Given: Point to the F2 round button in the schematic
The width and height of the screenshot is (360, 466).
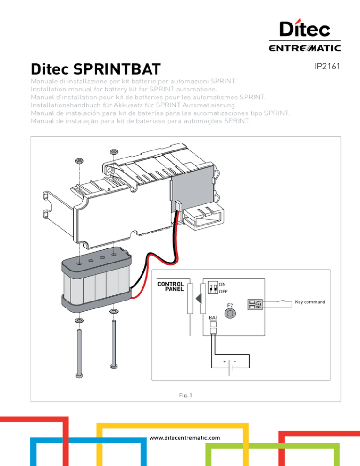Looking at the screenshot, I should [x=229, y=315].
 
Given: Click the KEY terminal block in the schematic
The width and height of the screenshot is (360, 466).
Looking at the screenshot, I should [x=255, y=304].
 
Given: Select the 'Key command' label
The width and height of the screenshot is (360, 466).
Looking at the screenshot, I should [x=310, y=302].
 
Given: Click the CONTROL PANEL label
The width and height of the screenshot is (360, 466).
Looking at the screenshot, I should [x=171, y=286].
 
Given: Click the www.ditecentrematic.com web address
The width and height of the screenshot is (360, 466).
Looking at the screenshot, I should [x=185, y=438].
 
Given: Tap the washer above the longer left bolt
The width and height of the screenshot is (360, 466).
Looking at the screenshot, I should [x=79, y=320].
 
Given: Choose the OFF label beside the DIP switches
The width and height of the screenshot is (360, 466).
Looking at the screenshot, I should [x=224, y=291].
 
